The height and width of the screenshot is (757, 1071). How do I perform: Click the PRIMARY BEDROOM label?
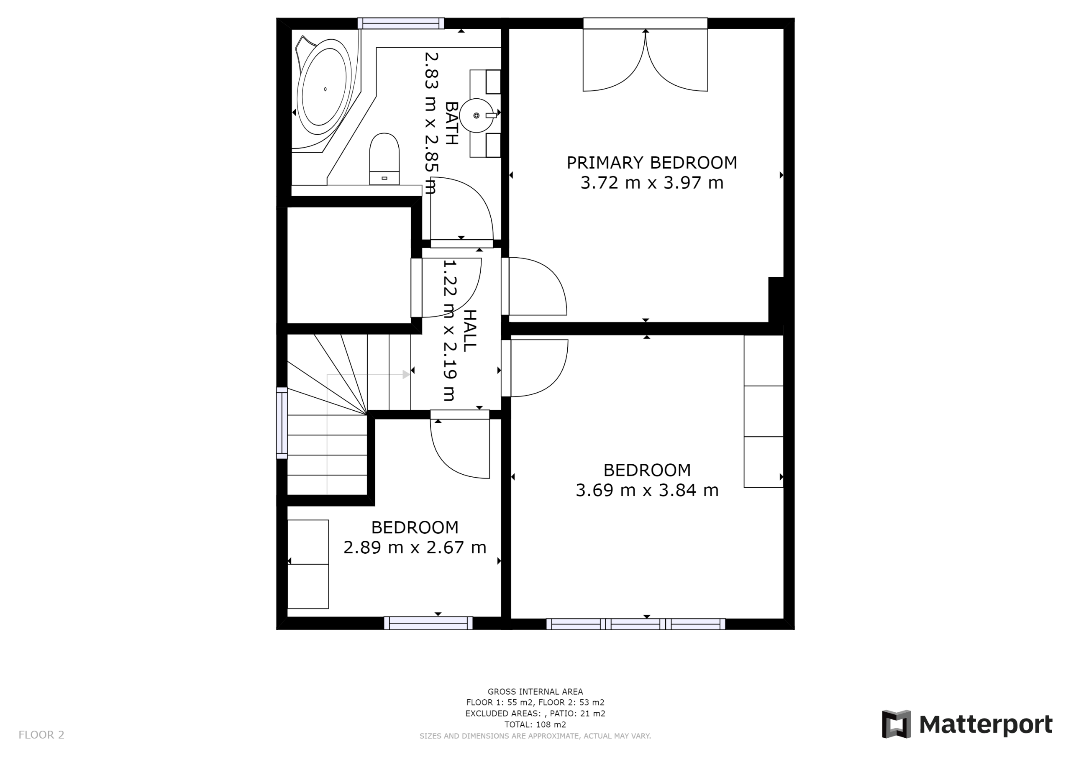(x=652, y=162)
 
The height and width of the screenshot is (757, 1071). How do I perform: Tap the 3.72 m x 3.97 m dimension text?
(x=652, y=182)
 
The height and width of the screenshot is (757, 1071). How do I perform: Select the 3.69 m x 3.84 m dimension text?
(x=647, y=490)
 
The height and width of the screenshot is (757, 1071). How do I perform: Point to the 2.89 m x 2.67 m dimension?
(x=415, y=547)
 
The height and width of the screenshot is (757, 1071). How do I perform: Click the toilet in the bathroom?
(x=384, y=159)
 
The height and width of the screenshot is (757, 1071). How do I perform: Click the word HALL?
(x=470, y=331)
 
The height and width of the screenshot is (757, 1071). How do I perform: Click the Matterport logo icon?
(x=896, y=724)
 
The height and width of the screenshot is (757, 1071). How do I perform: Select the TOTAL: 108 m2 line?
(x=535, y=724)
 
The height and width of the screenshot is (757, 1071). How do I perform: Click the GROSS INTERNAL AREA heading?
(x=535, y=692)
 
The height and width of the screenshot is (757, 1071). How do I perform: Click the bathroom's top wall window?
(x=401, y=23)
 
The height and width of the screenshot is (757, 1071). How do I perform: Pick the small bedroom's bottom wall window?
(x=428, y=623)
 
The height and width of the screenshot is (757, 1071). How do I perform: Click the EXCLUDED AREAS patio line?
(x=535, y=713)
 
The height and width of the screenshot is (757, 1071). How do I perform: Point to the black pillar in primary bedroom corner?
(x=776, y=300)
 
